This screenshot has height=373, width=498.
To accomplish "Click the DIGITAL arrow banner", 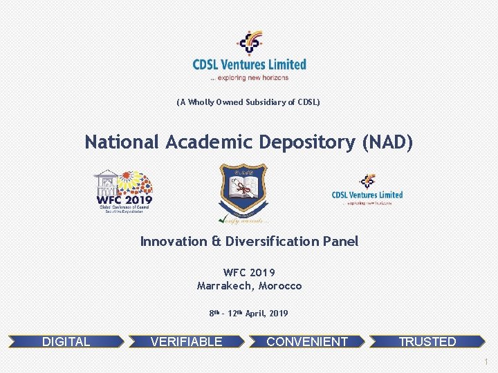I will coord(66,341).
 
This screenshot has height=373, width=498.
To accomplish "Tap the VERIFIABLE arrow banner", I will coord(187,341).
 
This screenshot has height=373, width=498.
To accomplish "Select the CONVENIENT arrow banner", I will coord(307,341).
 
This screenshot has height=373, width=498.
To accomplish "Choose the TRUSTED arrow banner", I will coord(427,341).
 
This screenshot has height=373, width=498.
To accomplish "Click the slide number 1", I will coord(487,362).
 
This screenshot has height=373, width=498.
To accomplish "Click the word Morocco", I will coord(280,285).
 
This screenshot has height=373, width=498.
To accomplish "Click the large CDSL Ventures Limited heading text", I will coord(249,64).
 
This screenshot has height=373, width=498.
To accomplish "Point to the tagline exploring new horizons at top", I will coord(249,77).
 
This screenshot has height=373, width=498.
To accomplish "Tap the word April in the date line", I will coord(255,314).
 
